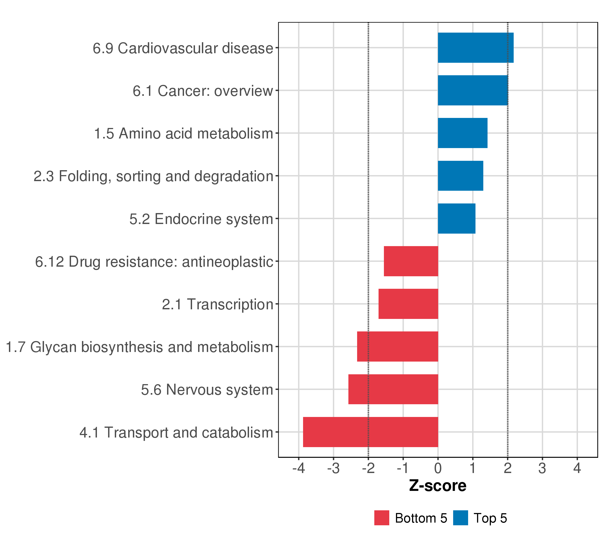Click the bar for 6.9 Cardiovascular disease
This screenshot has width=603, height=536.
pos(475,48)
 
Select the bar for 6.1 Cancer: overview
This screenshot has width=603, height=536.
pos(473,90)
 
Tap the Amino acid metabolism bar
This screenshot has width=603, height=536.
pos(463,133)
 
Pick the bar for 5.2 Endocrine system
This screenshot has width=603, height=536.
pos(456,219)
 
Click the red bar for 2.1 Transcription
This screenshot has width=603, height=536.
pos(408,304)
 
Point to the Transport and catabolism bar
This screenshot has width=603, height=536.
pos(371,432)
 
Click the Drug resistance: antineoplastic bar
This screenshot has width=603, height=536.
pos(411,261)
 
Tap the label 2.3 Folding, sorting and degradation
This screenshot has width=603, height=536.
pos(153,176)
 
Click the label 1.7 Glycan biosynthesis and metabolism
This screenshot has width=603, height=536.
pos(139,347)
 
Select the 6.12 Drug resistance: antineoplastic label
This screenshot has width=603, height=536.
pos(154,262)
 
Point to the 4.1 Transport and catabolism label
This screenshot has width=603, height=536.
pos(176,432)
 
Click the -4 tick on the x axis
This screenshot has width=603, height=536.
pos(299,468)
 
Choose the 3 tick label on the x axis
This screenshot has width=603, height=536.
pos(542,468)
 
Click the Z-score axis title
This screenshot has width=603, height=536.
pos(438,486)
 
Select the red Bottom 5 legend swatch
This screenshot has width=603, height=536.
pos(382,518)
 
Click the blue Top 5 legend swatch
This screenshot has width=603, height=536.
pos(461,518)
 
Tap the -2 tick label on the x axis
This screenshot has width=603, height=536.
pos(368,468)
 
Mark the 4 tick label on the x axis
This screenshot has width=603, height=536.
pos(577,468)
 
